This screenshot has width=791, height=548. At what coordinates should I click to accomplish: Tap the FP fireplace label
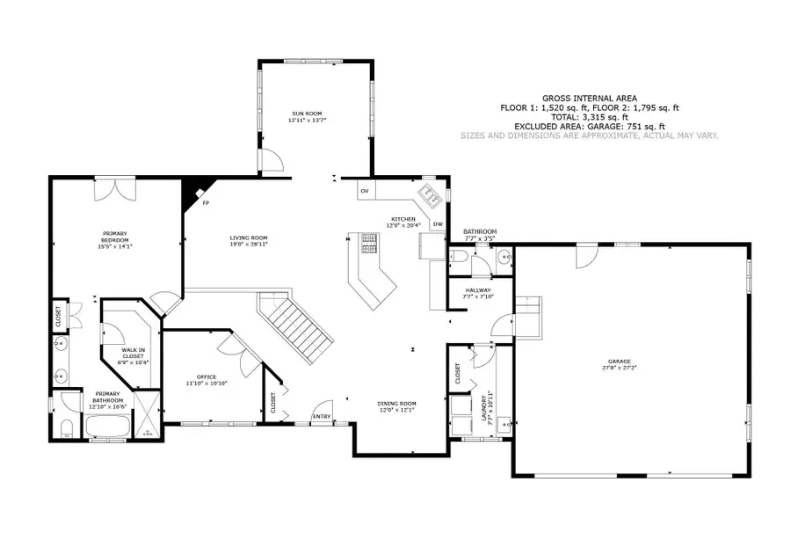(x=206, y=203)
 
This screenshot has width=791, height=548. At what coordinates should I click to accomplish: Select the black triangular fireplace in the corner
(x=190, y=192)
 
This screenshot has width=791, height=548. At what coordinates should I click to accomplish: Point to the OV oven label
(x=364, y=191)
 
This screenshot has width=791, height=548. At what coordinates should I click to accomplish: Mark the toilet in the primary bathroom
(x=67, y=428)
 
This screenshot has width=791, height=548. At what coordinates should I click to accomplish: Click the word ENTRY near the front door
(x=322, y=416)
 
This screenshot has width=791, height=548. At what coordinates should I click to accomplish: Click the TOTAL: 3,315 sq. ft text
(x=589, y=116)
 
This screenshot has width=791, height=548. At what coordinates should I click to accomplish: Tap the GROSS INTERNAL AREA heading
(x=589, y=99)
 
